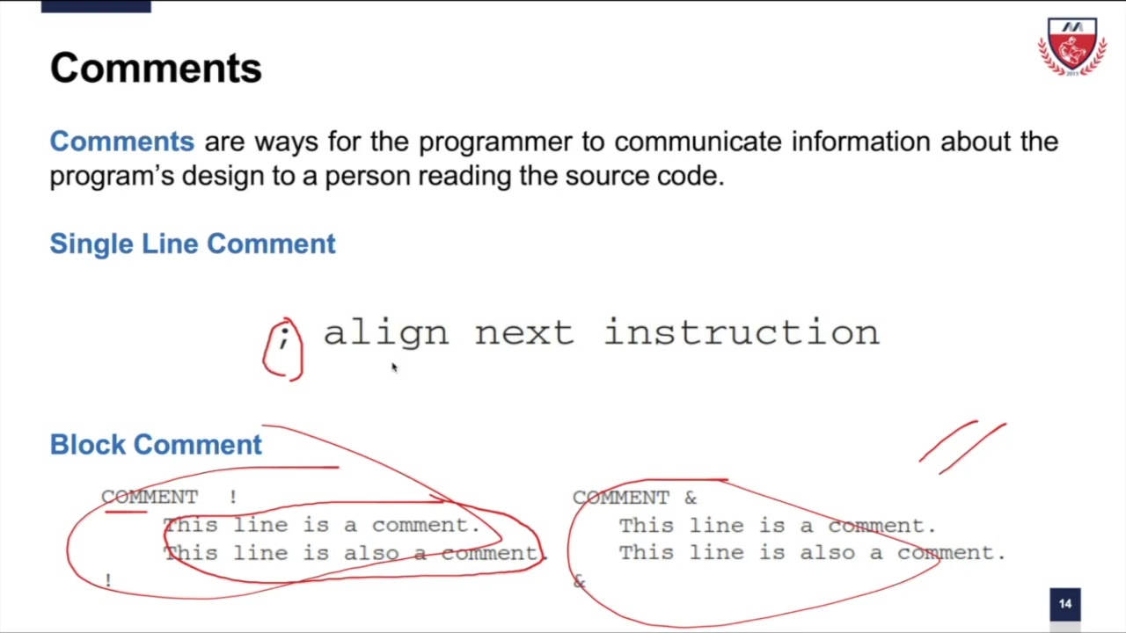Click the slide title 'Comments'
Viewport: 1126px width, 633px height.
click(x=156, y=69)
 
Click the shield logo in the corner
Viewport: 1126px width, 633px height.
click(x=1071, y=47)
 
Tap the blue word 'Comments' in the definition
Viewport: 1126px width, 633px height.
click(x=121, y=142)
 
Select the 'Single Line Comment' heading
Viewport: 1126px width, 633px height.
click(x=193, y=244)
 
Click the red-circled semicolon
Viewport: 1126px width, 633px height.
click(x=283, y=338)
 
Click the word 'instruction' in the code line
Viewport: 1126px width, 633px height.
click(x=742, y=333)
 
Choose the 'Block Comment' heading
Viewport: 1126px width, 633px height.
click(x=156, y=445)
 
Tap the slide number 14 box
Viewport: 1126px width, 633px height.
click(x=1064, y=604)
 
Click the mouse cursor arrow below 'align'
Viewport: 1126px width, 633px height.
click(x=394, y=368)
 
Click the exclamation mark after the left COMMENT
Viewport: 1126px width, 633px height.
click(x=233, y=498)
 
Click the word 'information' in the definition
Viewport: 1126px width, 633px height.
click(x=861, y=142)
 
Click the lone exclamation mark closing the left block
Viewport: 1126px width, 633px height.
click(x=108, y=581)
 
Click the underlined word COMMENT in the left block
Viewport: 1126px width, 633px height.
click(x=150, y=498)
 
